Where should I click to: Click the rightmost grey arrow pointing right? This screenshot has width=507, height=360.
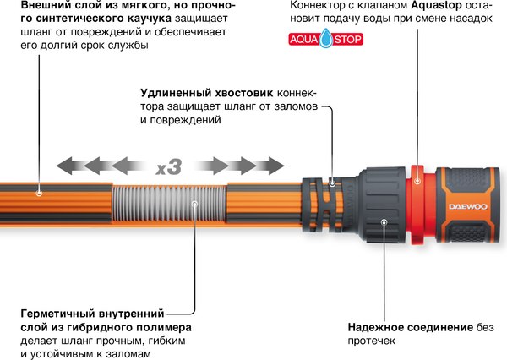coord(271,165)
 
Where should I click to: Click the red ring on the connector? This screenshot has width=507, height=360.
coord(419,202)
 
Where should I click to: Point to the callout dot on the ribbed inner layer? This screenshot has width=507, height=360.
coord(194,203)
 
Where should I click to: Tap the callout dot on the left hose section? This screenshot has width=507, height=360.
coord(39,193)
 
